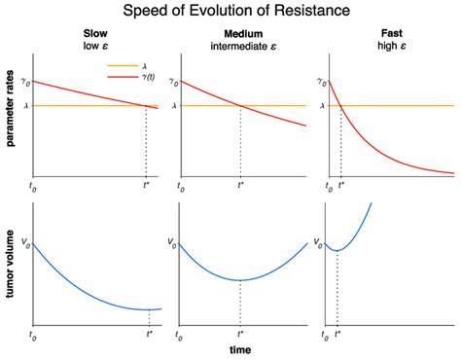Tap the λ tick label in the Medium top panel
coord(173,106)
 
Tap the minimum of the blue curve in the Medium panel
coord(240,280)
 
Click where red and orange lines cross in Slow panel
coord(146,106)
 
